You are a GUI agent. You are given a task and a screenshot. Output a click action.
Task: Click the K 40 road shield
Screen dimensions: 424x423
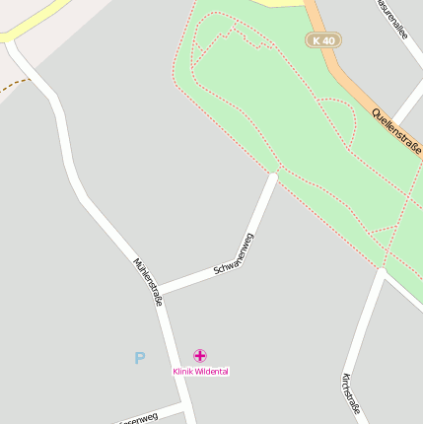(x=322, y=40)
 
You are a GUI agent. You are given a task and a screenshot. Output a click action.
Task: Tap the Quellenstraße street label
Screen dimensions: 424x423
(x=397, y=129)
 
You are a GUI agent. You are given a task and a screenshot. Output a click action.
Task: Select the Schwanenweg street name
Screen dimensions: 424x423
(x=234, y=255)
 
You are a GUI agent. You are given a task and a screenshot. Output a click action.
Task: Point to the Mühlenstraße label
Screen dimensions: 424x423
(x=147, y=282)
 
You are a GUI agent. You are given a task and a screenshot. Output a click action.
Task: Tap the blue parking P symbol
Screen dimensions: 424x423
(x=140, y=359)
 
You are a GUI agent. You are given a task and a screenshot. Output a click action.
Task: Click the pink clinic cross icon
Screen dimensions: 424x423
(x=200, y=355)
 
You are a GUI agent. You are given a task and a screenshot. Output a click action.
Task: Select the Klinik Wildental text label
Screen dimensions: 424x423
(x=200, y=372)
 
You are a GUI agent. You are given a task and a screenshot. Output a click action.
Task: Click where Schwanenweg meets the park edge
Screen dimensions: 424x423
(x=273, y=174)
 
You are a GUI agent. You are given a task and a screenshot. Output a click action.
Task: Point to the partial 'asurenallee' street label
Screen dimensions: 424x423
(x=392, y=18)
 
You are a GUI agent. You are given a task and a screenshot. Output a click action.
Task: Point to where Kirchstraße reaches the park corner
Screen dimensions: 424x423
(x=380, y=269)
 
